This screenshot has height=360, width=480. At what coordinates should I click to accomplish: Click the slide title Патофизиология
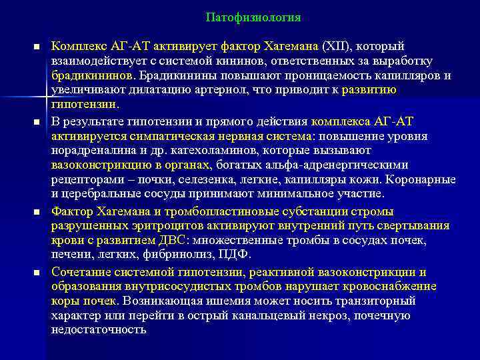[x=253, y=17]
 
